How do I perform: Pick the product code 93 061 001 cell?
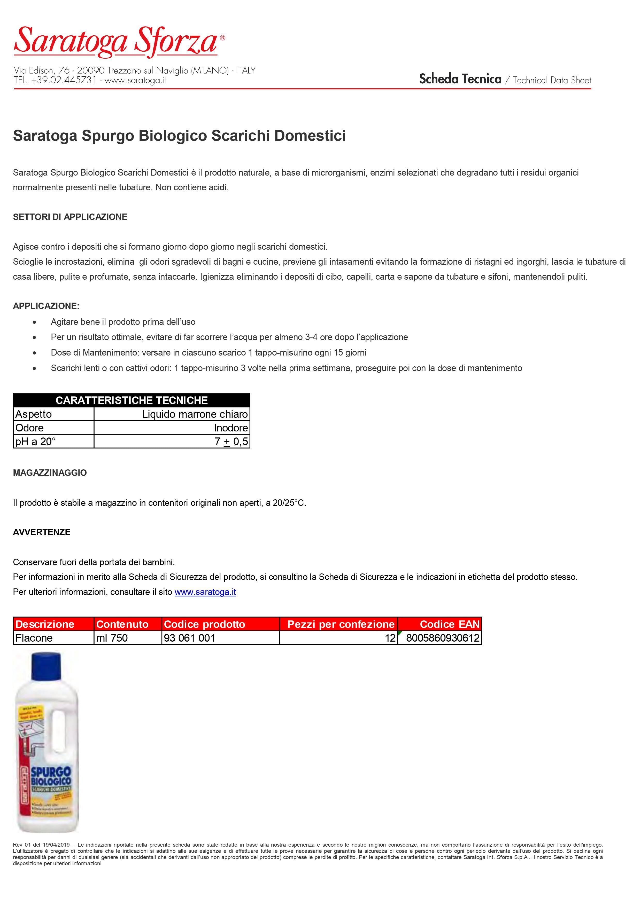click(x=190, y=638)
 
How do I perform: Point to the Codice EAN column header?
click(x=450, y=624)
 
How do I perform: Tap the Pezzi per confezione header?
click(x=341, y=624)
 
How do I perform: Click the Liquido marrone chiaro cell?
click(x=195, y=414)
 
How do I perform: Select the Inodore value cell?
click(x=231, y=428)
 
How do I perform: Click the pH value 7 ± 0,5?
click(x=231, y=442)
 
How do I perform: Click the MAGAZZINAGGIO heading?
click(x=50, y=473)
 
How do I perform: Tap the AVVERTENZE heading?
click(x=42, y=532)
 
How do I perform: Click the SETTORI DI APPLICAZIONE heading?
click(x=70, y=217)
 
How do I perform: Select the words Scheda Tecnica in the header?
click(x=460, y=79)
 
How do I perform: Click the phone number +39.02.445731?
click(x=64, y=80)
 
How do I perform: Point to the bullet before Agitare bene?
click(x=35, y=322)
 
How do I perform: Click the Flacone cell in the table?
click(x=34, y=638)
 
